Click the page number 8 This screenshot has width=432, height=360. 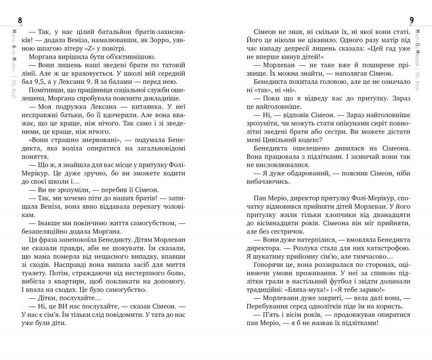pyautogui.click(x=20, y=20)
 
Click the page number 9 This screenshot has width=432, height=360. pyautogui.click(x=412, y=20)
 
